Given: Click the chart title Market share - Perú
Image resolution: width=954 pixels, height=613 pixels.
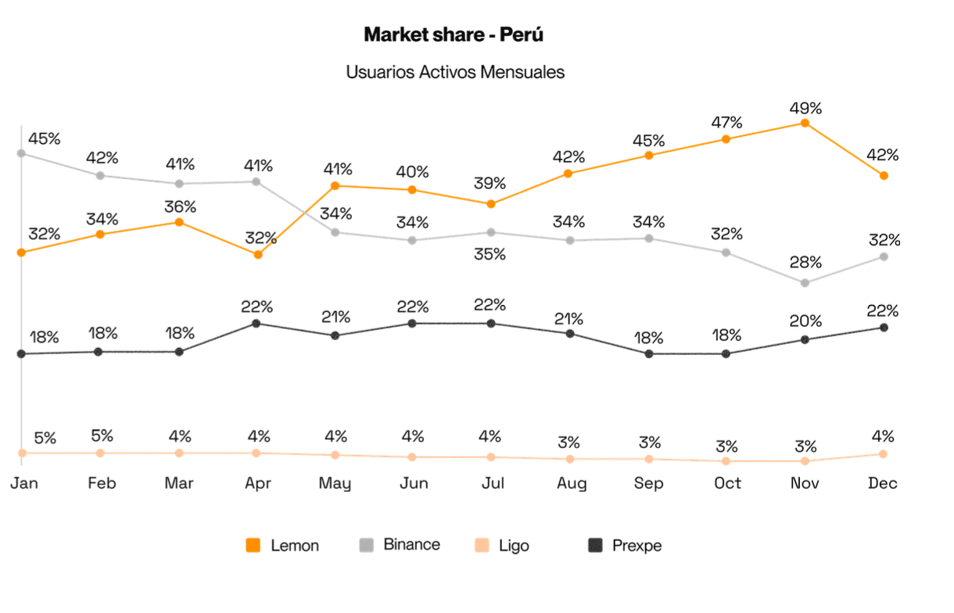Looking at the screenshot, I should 454,35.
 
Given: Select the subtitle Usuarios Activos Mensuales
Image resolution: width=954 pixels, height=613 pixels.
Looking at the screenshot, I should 455,72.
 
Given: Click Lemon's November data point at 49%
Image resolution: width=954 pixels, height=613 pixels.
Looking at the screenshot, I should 805,124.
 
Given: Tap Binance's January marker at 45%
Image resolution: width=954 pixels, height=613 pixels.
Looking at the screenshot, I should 22,153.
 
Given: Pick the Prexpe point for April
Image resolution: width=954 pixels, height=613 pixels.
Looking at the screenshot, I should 257,323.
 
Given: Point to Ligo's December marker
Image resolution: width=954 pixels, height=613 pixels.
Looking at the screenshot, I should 883,453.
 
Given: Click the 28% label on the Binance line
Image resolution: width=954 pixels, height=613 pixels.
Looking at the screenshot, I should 805,262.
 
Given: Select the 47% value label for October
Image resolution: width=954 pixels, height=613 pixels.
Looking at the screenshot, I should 726,123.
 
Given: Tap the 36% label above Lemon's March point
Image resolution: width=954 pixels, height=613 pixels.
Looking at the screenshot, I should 180,207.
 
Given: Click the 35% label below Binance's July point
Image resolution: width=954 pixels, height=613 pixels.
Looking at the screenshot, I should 490,254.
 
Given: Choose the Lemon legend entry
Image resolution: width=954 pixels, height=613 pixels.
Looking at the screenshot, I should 283,546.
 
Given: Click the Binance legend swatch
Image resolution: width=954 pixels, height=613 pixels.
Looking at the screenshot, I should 365,545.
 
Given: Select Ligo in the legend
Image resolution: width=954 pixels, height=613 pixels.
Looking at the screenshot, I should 503,546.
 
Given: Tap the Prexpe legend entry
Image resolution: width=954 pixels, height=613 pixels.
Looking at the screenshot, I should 626,546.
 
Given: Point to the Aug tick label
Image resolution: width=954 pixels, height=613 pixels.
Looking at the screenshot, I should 571,484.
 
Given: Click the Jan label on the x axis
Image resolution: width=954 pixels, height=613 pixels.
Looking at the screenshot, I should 23,483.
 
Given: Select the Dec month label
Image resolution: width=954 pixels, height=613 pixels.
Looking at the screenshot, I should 883,483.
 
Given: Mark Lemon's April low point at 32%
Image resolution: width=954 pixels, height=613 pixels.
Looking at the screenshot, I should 257,254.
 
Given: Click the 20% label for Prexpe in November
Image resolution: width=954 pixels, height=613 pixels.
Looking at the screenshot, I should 805,321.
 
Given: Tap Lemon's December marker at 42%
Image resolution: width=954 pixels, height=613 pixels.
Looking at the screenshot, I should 884,176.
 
